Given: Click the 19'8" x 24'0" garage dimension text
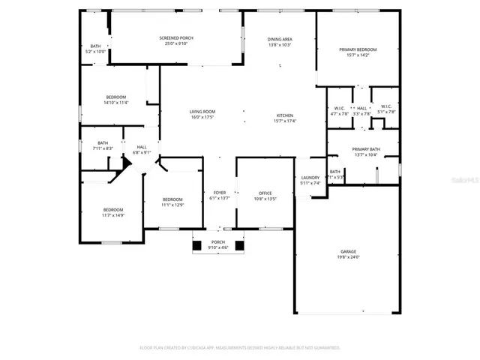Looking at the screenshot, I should click(348, 257).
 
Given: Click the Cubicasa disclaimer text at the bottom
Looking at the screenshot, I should click(240, 348).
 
